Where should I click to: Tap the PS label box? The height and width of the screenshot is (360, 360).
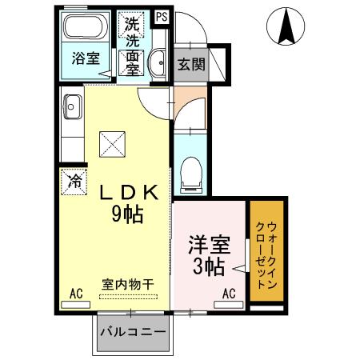point(162,15)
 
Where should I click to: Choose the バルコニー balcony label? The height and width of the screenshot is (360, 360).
point(134,332)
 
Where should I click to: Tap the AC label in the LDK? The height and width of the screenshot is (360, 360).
point(76,293)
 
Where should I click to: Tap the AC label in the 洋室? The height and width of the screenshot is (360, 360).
point(229,293)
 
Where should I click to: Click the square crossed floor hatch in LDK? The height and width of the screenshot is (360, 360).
point(110,144)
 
